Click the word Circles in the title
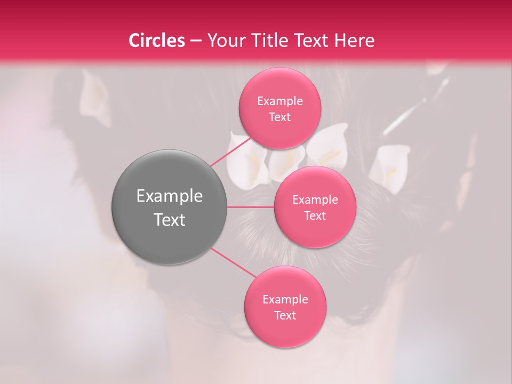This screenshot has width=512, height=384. click(156, 41)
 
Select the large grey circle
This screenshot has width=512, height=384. click(170, 207)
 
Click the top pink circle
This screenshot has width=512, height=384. click(280, 108)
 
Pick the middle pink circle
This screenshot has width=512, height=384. click(315, 207)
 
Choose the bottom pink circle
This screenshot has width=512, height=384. click(285, 307)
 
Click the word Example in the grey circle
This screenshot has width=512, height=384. click(170, 196)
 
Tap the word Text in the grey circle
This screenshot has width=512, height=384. click(170, 219)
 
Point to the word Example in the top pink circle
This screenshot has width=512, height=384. click(280, 101)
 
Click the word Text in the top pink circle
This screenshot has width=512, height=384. click(280, 117)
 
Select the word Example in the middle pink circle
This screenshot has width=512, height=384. click(315, 199)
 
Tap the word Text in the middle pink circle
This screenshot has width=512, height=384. click(315, 215)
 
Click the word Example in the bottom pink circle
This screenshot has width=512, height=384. click(285, 299)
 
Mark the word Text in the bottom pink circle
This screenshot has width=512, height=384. click(285, 315)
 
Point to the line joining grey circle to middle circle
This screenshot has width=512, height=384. click(251, 207)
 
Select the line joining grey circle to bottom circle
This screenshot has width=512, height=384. click(234, 262)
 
